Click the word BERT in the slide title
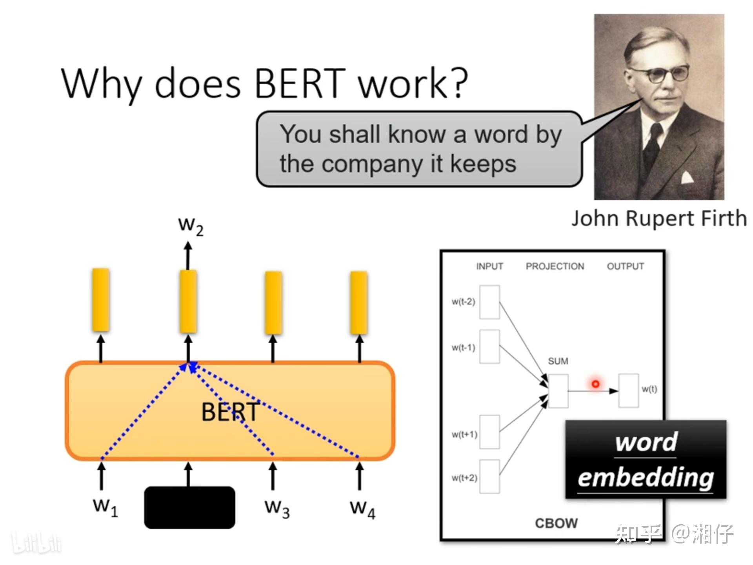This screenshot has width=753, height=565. click(300, 83)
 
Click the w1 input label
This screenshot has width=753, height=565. click(105, 507)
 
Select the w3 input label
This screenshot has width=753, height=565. click(277, 508)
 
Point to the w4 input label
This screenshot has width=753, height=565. click(362, 508)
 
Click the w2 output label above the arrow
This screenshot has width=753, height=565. click(191, 225)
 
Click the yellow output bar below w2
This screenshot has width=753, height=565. click(188, 301)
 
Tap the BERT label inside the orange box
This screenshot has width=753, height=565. click(230, 412)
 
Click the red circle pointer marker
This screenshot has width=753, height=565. click(595, 384)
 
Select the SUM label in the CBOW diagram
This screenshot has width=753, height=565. click(558, 361)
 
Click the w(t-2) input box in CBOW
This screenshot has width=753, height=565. click(489, 302)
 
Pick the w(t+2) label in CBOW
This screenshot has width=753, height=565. click(464, 478)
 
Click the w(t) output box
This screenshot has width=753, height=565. click(628, 391)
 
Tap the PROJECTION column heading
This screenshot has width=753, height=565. click(555, 266)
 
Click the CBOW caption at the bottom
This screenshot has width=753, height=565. click(556, 523)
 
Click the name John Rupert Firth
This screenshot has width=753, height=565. click(659, 218)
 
